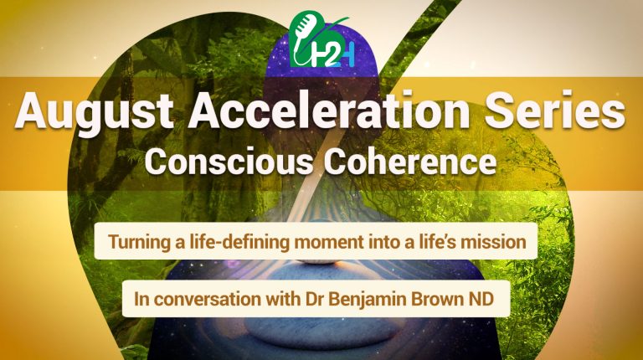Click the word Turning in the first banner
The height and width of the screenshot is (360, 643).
tap(139, 244)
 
